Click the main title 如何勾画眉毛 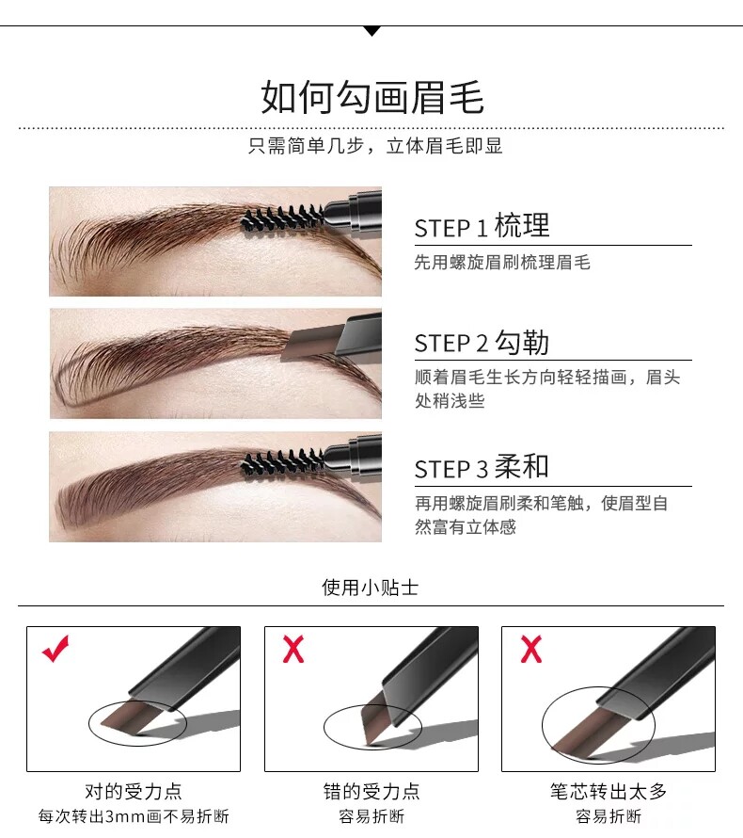(x=372, y=97)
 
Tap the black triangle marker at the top (x=372, y=31)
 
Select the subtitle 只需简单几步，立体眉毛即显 (x=375, y=146)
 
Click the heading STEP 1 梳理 (x=482, y=226)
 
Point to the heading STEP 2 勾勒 (x=482, y=342)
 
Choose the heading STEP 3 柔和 (x=482, y=467)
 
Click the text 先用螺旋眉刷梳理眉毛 (x=502, y=263)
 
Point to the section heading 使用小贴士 (x=370, y=588)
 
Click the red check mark (x=55, y=649)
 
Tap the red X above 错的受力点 (x=293, y=649)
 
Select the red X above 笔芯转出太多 (x=530, y=649)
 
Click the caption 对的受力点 (x=134, y=791)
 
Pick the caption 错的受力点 (x=371, y=791)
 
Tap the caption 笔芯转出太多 (x=609, y=791)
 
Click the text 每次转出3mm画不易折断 (x=134, y=816)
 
